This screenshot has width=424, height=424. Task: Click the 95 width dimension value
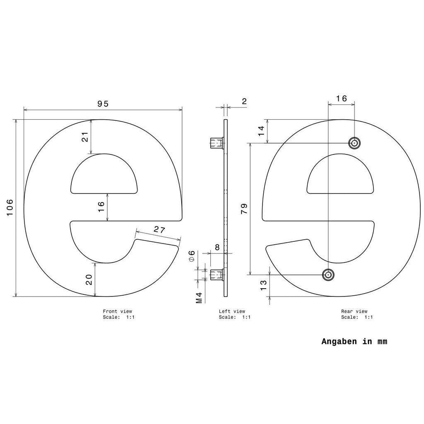tap(103, 104)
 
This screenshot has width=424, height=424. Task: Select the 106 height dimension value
tap(10, 208)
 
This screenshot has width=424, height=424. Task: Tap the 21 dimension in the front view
tap(85, 137)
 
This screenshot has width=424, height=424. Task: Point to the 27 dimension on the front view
tap(159, 229)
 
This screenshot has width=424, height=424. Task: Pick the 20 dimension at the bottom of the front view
tap(89, 279)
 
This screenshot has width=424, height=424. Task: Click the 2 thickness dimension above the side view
tap(244, 101)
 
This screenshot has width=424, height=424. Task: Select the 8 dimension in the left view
tap(217, 247)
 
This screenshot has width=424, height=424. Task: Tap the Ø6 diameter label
tap(191, 256)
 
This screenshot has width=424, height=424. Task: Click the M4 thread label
tap(199, 298)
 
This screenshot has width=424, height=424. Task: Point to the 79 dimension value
tap(244, 209)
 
